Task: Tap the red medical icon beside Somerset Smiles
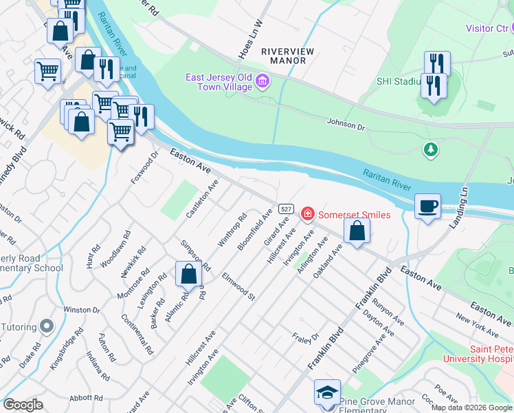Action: click(x=307, y=215)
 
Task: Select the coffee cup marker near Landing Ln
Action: click(x=427, y=206)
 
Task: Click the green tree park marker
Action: click(x=431, y=149)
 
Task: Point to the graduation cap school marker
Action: click(x=327, y=393)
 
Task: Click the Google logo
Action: click(x=23, y=405)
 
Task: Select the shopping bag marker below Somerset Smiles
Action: click(x=357, y=231)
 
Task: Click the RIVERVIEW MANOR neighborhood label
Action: click(x=283, y=56)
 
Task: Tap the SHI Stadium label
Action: click(x=398, y=81)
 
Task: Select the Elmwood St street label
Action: click(x=238, y=287)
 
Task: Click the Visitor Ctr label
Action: click(x=486, y=28)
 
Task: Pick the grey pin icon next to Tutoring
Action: click(x=47, y=325)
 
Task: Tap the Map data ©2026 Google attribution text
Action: click(x=471, y=407)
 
